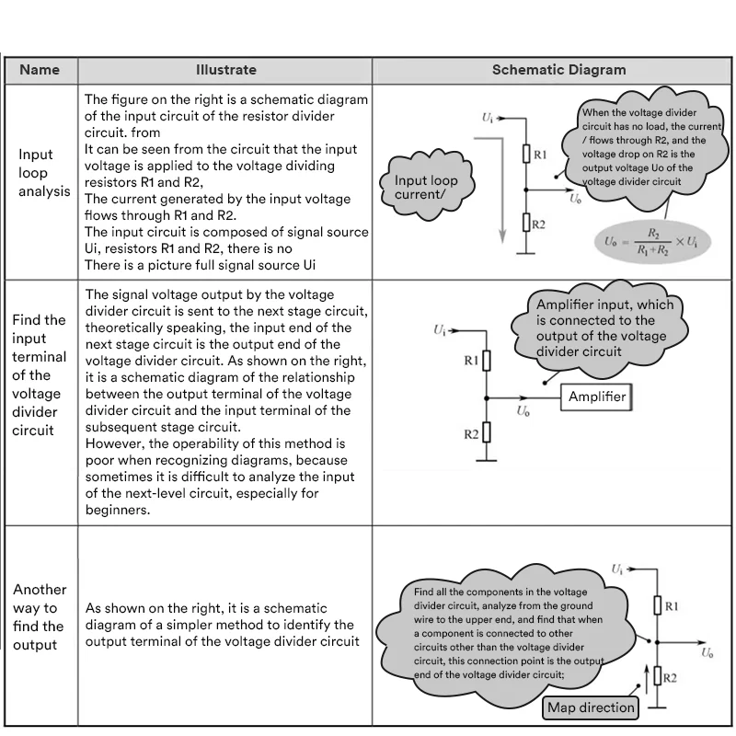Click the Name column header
click(x=40, y=70)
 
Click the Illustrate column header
click(x=225, y=70)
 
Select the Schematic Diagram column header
click(x=558, y=70)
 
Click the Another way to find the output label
click(x=40, y=617)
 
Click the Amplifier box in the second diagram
click(x=596, y=397)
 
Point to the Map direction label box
click(x=591, y=707)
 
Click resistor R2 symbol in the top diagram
click(x=526, y=223)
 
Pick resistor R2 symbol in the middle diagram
click(x=487, y=432)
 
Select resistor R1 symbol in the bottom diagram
click(x=657, y=605)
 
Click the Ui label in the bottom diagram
click(x=617, y=570)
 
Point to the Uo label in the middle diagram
click(x=523, y=412)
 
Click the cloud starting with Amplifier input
click(x=603, y=328)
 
